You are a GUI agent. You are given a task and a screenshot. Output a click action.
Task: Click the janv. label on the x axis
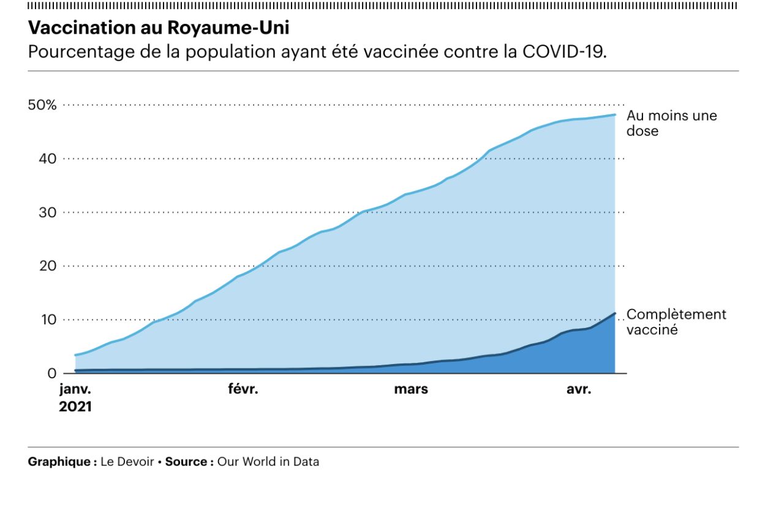[x=75, y=390]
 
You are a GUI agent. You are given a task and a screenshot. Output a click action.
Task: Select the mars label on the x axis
[x=410, y=390]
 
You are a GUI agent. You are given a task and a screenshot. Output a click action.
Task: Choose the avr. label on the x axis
[x=579, y=390]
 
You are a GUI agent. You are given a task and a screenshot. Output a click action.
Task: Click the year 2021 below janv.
[x=75, y=406]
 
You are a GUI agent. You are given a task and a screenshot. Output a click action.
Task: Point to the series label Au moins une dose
[x=671, y=123]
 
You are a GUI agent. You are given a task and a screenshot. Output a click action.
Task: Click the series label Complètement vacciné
[x=676, y=322]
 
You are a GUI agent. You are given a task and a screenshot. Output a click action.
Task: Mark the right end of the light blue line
[x=614, y=114]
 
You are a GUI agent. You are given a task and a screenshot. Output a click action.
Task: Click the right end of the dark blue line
[x=614, y=313]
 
